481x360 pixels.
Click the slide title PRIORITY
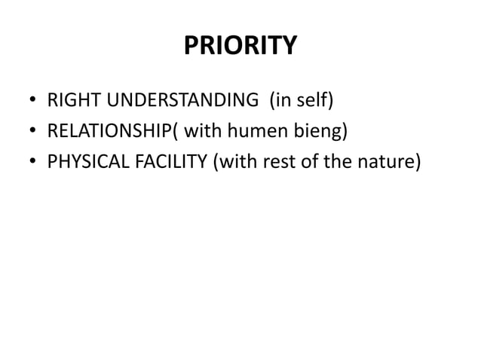[240, 47]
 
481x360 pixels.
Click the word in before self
[286, 100]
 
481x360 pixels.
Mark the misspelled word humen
[254, 132]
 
